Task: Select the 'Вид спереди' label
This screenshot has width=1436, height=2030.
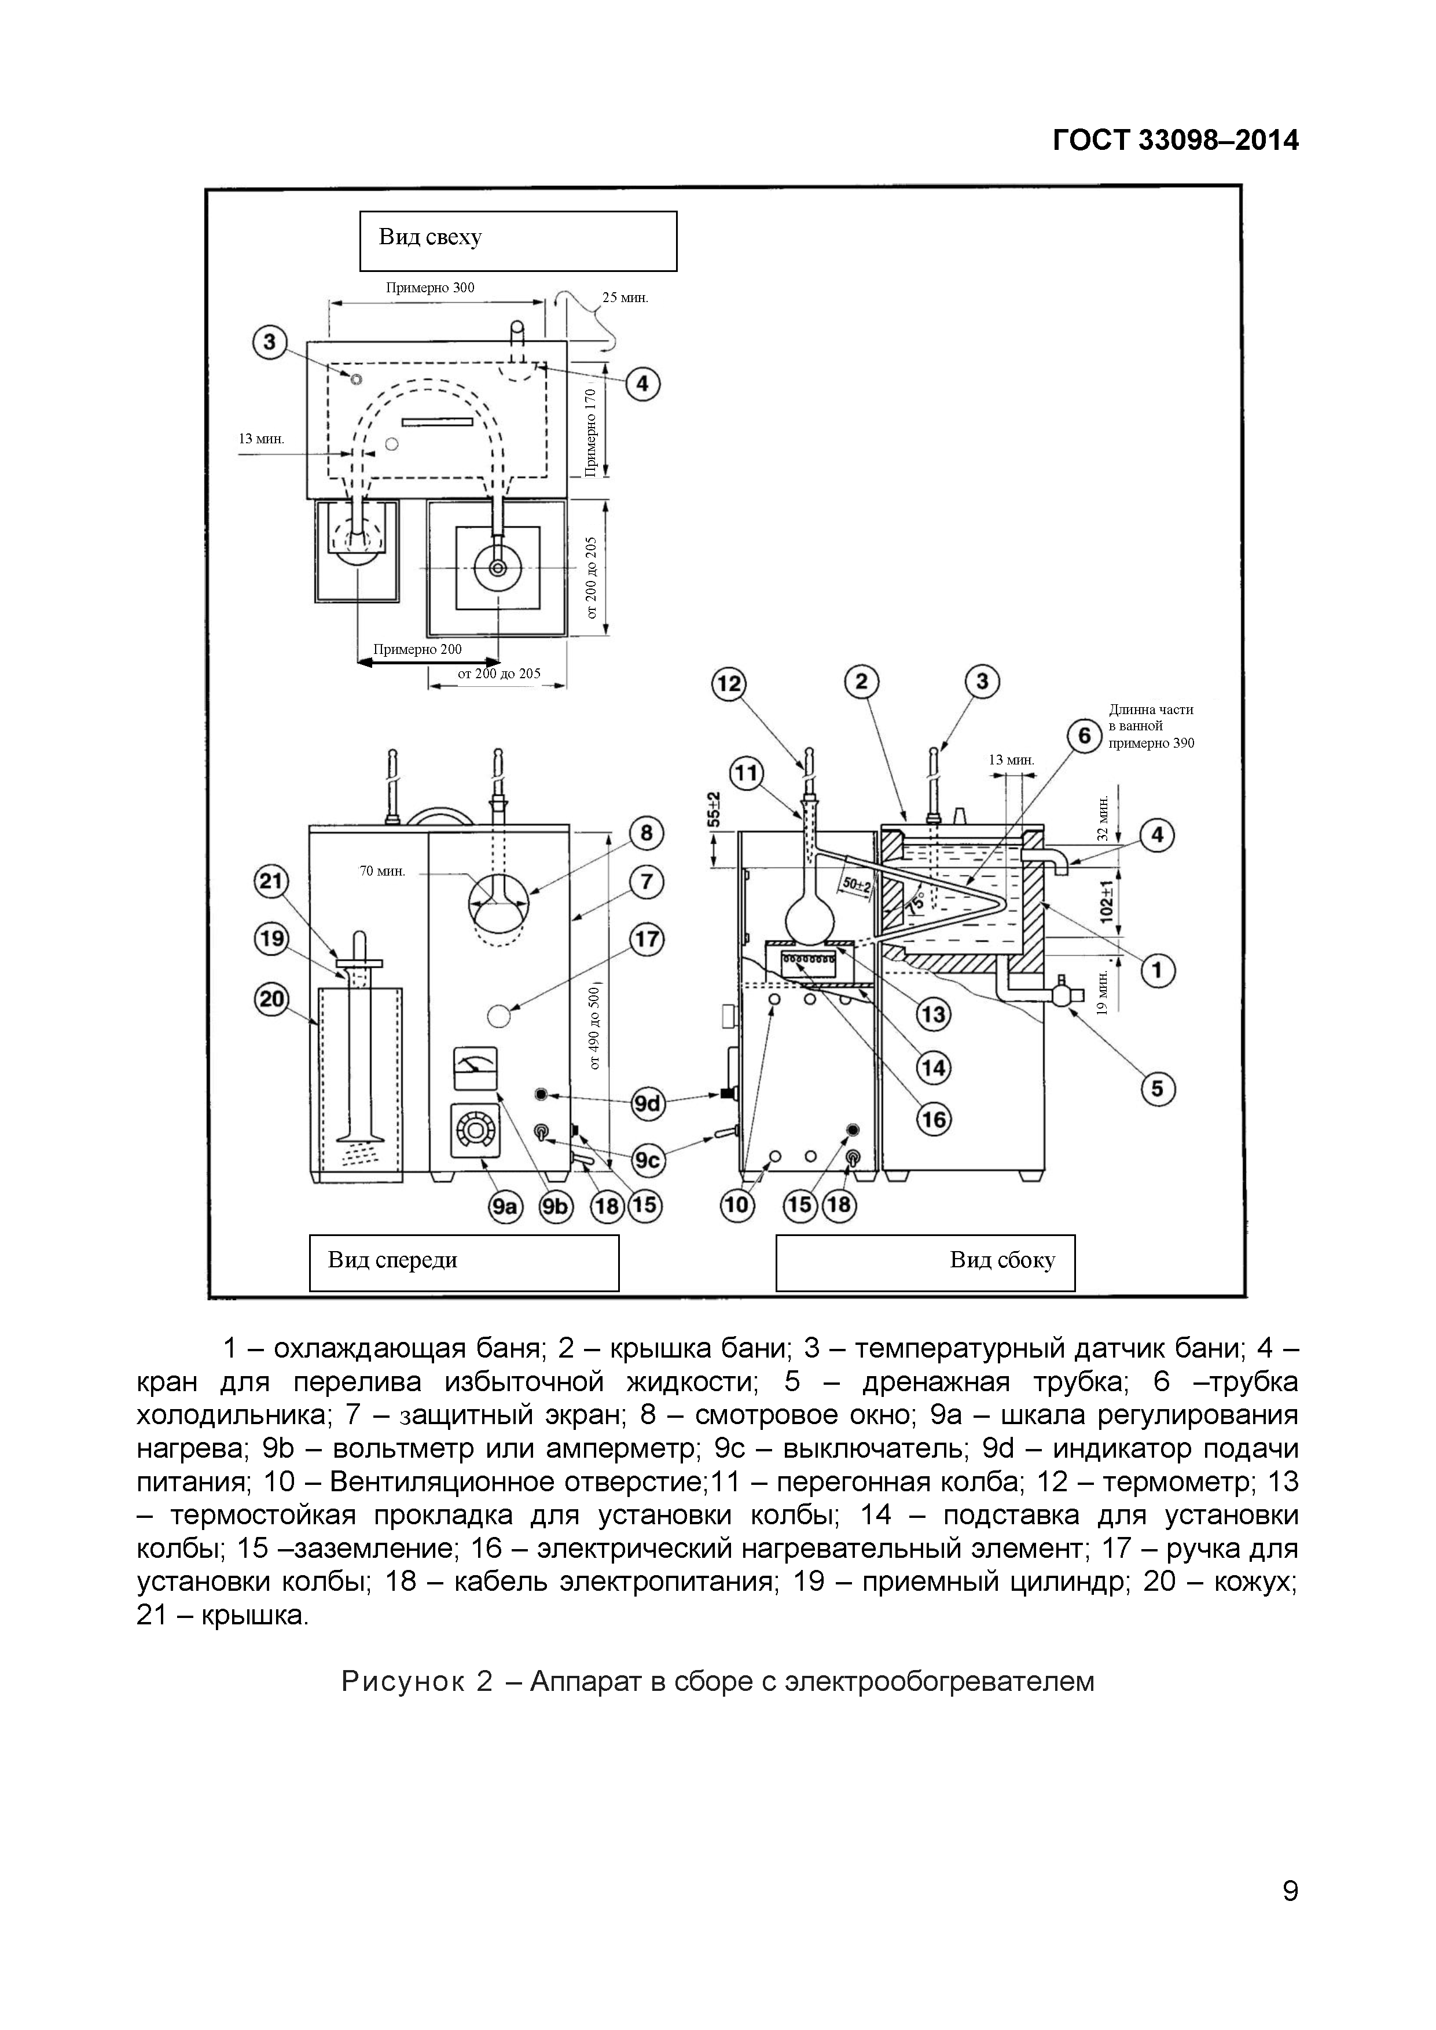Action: [464, 1262]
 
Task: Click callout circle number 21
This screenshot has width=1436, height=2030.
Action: [270, 881]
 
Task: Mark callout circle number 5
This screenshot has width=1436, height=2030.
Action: [1158, 1088]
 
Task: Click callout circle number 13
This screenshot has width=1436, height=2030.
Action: [934, 1014]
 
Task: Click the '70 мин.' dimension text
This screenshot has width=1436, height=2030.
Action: [382, 871]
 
